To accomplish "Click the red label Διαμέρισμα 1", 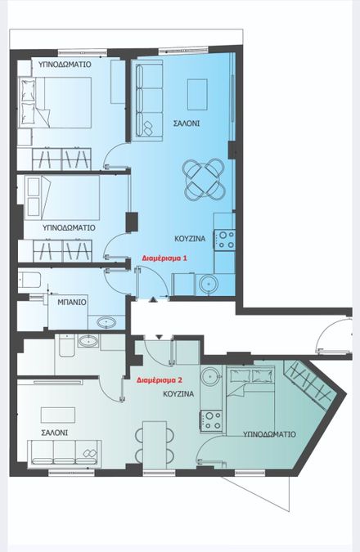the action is click(164, 258).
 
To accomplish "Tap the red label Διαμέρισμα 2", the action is click(160, 380).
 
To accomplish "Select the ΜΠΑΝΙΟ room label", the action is click(72, 302).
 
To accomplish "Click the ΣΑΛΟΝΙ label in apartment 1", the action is click(187, 123).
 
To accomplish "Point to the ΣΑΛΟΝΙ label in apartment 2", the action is click(55, 433).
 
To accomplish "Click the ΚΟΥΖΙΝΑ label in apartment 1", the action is click(190, 239).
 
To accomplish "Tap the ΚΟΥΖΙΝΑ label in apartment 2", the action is click(178, 393).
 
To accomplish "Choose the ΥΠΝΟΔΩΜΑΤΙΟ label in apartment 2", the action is click(269, 434).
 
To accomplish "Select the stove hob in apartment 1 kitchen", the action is click(225, 240).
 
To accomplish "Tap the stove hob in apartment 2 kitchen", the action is click(211, 421).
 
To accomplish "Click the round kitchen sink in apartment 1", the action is click(208, 284).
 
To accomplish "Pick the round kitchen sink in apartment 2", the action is click(210, 376).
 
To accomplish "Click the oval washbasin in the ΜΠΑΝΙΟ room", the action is click(106, 322).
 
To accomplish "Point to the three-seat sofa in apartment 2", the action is click(64, 454).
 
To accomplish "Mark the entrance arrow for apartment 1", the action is click(153, 299).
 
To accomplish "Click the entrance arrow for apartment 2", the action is click(160, 337).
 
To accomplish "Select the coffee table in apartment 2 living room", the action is click(58, 415).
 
